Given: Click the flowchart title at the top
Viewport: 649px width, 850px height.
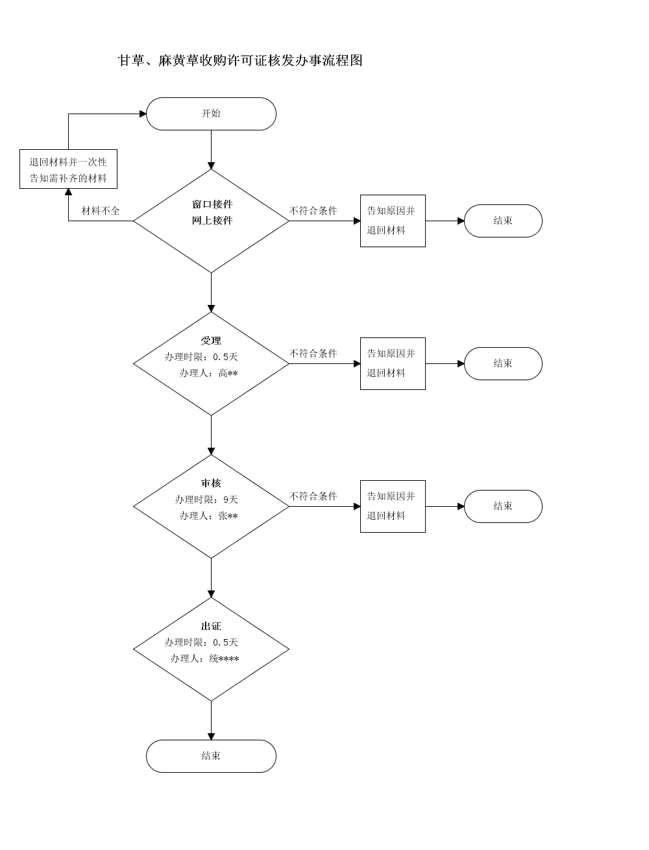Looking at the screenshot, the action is [x=240, y=60].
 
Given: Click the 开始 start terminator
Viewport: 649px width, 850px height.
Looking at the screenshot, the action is [x=211, y=114].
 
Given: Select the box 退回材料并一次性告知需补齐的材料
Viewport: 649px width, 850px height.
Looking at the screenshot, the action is [x=69, y=169].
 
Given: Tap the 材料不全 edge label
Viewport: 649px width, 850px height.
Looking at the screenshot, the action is [x=101, y=211].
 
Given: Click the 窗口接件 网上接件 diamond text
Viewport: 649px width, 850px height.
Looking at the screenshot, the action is [x=212, y=212].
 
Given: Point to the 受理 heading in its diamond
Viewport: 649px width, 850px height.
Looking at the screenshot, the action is [x=211, y=341].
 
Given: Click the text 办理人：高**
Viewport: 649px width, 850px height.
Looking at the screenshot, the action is [x=208, y=373].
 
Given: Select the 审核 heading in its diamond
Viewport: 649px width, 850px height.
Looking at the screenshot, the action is [x=211, y=483].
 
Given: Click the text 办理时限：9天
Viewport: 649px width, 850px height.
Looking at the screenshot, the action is [x=206, y=500].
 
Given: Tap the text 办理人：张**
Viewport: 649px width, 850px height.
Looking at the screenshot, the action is [x=208, y=516].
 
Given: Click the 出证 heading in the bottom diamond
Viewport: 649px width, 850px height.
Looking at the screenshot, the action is [x=211, y=626].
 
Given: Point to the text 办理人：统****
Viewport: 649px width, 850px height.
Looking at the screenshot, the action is [x=204, y=659].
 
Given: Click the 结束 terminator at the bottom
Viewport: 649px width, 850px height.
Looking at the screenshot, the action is [x=211, y=757].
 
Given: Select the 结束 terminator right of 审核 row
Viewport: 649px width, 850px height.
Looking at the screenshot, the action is [x=503, y=507].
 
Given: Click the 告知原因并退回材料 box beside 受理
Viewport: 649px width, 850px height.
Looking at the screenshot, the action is [x=393, y=363].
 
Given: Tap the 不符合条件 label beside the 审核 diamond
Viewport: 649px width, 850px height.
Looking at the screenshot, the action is [x=313, y=496].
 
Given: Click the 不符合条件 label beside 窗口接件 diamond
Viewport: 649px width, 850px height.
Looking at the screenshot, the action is [x=313, y=211].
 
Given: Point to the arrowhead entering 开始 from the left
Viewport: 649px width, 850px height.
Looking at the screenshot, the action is [x=143, y=114].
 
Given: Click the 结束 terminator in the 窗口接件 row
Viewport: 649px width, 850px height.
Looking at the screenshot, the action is [x=503, y=221].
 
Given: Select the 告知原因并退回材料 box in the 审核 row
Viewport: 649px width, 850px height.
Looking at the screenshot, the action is [x=393, y=507].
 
